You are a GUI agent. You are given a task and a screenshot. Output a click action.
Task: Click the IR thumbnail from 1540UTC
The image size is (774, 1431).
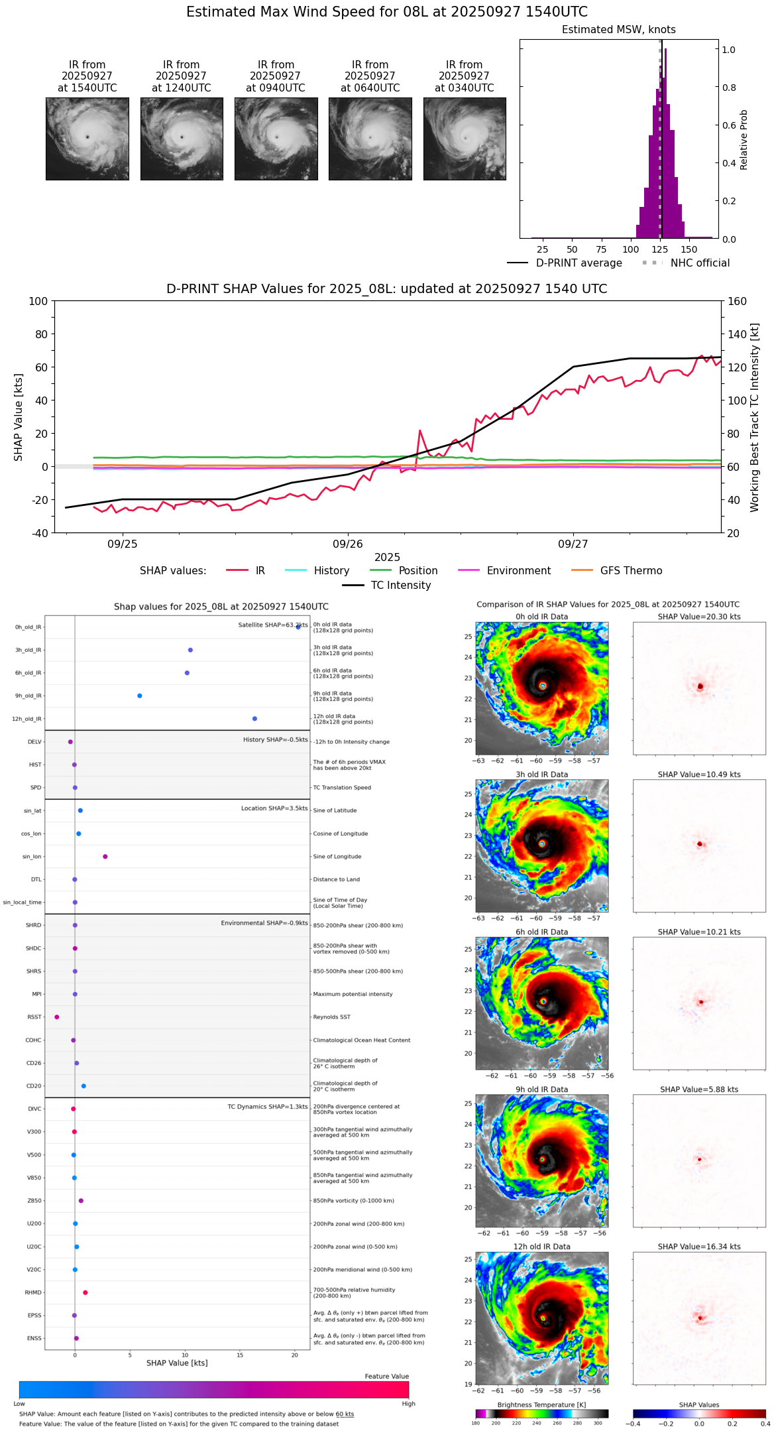(x=87, y=139)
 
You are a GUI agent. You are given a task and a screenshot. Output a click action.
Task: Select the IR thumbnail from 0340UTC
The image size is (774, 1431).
(x=465, y=139)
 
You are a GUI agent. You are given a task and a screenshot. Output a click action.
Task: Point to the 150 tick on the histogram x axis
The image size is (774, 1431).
(x=689, y=250)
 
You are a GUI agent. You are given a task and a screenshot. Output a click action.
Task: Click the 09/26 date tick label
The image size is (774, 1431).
(x=348, y=544)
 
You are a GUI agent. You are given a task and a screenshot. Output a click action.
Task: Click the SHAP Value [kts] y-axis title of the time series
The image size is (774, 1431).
(x=19, y=417)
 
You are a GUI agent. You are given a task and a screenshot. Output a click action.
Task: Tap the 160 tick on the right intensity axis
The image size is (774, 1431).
(x=737, y=302)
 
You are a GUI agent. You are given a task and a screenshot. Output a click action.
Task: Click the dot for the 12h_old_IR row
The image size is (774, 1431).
(x=254, y=719)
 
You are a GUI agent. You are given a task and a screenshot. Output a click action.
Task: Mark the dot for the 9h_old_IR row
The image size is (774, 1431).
(x=140, y=696)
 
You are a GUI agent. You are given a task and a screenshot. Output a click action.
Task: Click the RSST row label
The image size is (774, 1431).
(x=34, y=1017)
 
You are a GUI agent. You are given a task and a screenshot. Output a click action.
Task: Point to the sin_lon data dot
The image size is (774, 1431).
(x=105, y=857)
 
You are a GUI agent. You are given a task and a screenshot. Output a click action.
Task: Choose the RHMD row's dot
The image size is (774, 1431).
(x=85, y=1292)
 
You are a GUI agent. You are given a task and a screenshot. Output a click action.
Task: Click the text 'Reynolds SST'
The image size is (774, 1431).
(x=331, y=1017)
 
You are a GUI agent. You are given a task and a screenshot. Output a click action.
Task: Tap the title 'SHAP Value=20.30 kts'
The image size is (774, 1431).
(x=699, y=617)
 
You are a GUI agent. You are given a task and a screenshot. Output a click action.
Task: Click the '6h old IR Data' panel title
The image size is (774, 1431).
(x=541, y=932)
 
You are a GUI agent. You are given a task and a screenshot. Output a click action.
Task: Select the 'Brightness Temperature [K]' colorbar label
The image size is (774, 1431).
(x=541, y=1404)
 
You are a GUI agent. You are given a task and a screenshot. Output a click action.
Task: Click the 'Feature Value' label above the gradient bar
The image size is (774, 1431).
(x=386, y=1377)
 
